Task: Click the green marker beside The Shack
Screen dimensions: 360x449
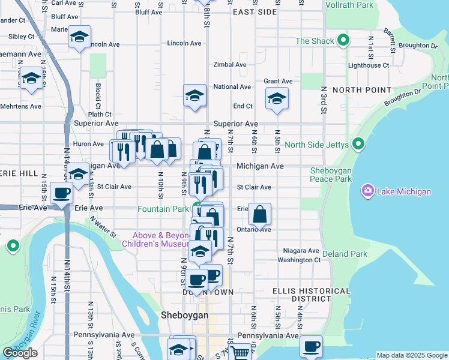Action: click(343, 41)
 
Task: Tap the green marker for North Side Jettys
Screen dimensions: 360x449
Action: click(358, 144)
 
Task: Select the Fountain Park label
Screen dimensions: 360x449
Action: click(163, 209)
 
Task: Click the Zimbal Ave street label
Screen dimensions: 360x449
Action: click(231, 65)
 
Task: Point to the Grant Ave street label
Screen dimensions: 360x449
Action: click(278, 81)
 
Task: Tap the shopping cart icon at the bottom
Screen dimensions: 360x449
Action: click(240, 352)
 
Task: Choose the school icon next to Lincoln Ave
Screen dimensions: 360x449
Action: click(79, 37)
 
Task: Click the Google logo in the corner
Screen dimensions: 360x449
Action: click(20, 353)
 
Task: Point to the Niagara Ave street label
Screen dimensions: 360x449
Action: click(303, 251)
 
